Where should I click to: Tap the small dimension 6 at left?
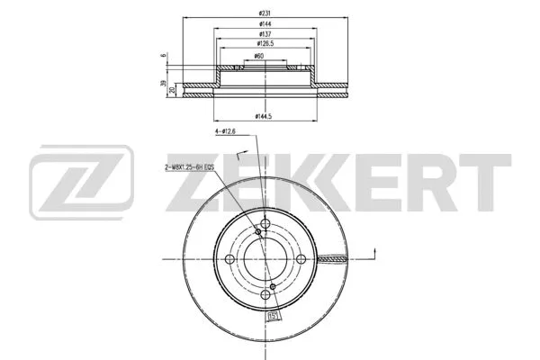point(163,56)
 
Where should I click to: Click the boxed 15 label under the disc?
point(271,316)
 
